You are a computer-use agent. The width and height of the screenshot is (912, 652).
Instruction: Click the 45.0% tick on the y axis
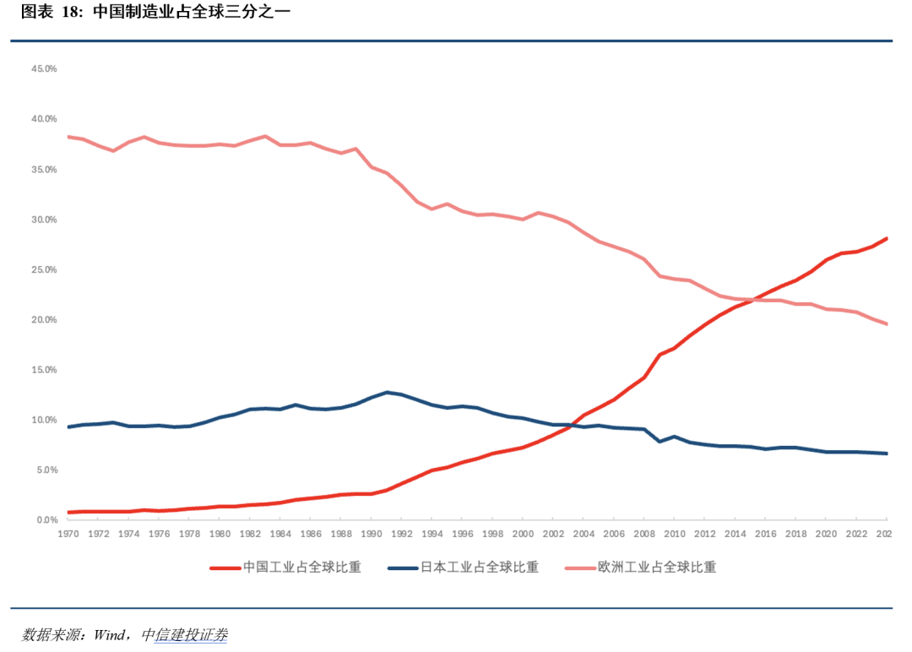[x=44, y=68]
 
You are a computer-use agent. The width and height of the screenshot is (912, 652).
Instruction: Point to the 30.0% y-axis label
[x=44, y=220]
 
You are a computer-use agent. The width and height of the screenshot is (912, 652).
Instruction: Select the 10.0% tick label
[x=44, y=420]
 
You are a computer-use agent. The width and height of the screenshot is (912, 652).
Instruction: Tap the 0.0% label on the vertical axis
[x=46, y=520]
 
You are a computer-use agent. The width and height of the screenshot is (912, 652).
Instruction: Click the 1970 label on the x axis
[x=68, y=535]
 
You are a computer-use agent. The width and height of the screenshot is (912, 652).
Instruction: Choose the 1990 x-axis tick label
[x=372, y=535]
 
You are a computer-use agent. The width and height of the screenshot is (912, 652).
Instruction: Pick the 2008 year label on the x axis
[x=645, y=535]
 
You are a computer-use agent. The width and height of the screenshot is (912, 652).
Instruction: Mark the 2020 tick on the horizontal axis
[x=827, y=535]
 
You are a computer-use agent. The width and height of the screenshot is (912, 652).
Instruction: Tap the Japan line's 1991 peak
[x=387, y=392]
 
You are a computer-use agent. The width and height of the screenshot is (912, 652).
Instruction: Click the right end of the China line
[x=887, y=238]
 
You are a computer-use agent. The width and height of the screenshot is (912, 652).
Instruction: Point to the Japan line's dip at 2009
[x=660, y=442]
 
